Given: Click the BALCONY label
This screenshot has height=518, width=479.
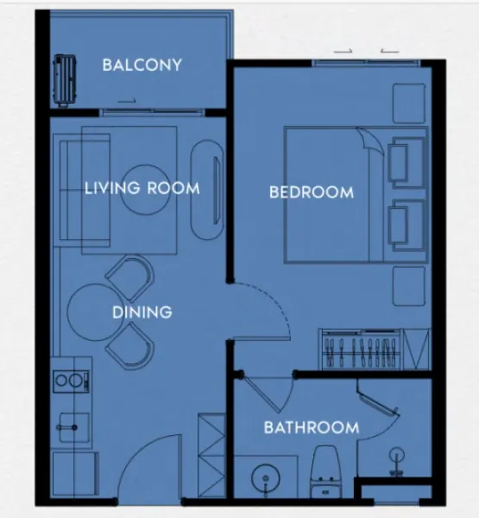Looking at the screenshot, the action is pos(142,65).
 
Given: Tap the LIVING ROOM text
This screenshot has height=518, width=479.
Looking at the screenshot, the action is pos(142,188).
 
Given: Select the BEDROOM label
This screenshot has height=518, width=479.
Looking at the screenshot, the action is pos(312,193).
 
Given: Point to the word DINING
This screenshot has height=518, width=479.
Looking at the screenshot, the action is pos(142,313).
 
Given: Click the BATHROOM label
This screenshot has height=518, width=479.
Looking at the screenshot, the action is pos(312,428).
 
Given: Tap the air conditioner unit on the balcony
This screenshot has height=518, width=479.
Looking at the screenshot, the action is pos(65,80).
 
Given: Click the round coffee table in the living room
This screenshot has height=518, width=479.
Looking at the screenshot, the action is pos(144,190).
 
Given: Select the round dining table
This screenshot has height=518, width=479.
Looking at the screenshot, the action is pos(93,313).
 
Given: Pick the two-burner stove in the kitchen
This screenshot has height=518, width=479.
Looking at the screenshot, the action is pos(71,381).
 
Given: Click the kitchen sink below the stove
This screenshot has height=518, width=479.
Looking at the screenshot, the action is pos(74,427).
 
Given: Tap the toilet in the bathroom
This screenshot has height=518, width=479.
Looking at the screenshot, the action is pos(325,471).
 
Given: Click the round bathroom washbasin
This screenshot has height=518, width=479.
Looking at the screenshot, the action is pos(266,478).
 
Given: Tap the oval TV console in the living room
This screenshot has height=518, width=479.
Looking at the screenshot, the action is pos(208,190).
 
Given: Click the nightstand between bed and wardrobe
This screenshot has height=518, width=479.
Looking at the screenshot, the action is pos(409,286).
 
